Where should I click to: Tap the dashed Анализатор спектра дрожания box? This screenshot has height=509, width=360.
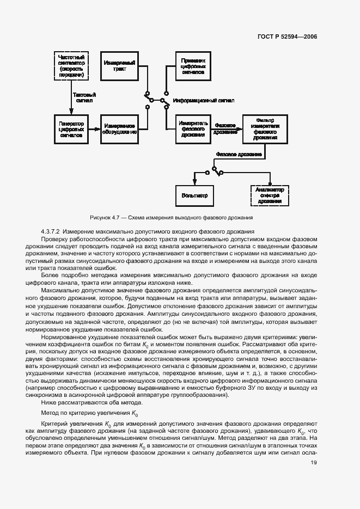click(269, 194)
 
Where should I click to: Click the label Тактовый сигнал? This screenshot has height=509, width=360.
click(84, 97)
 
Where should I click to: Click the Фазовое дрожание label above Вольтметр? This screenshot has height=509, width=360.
click(239, 154)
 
